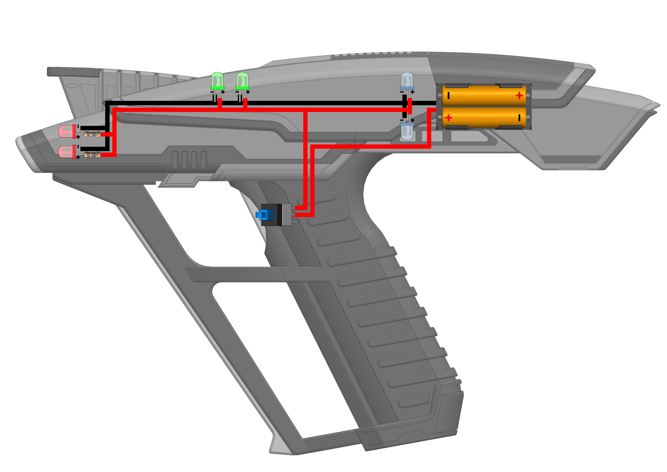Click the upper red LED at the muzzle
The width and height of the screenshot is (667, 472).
(x=67, y=131)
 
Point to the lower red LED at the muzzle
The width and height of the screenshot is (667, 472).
(x=67, y=152)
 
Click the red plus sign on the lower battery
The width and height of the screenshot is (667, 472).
(x=448, y=117)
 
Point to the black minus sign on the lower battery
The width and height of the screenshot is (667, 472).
(x=519, y=117)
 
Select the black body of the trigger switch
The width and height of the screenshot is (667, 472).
(x=274, y=215)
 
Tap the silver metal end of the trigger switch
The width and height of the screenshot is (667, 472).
(x=287, y=215)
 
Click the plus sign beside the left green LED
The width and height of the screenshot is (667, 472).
(x=223, y=92)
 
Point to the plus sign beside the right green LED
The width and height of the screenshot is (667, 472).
(x=248, y=92)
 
